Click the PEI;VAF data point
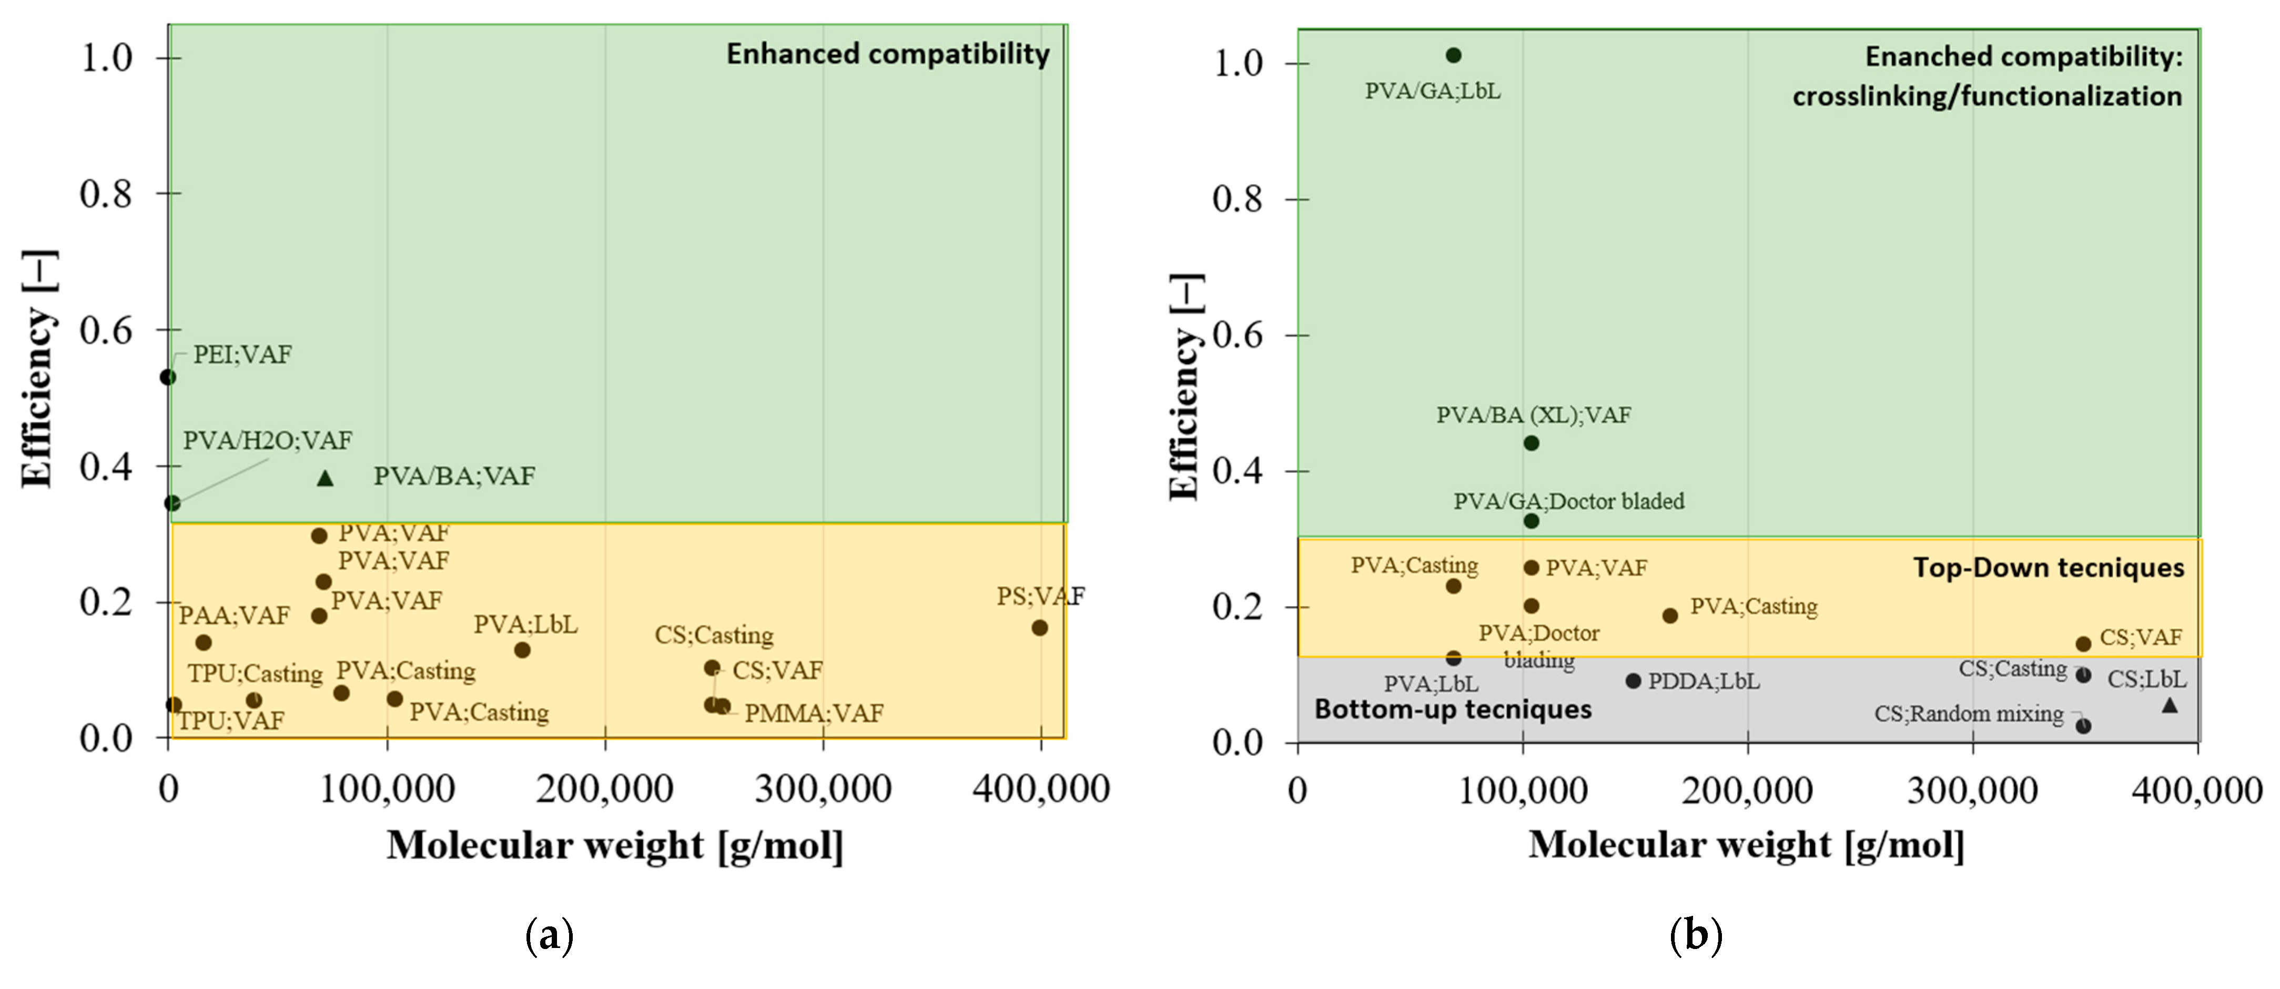coord(167,377)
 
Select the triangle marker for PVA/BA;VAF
coord(325,478)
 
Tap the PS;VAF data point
coord(1039,628)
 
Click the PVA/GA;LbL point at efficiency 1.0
coord(1453,55)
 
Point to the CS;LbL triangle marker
coord(2170,705)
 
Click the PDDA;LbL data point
coord(1633,681)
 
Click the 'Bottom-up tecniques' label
coord(1453,709)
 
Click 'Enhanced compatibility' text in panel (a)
coord(888,54)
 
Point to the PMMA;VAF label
coord(814,713)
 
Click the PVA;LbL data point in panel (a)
coord(522,650)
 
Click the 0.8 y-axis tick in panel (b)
coord(1237,199)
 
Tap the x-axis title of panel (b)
coord(1746,845)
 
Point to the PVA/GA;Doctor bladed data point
coord(1531,521)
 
